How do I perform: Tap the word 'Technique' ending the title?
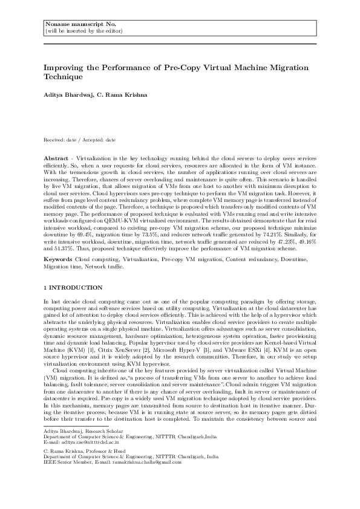(64, 78)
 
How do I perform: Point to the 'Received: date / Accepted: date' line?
(80, 140)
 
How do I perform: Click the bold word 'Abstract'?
(56, 157)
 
